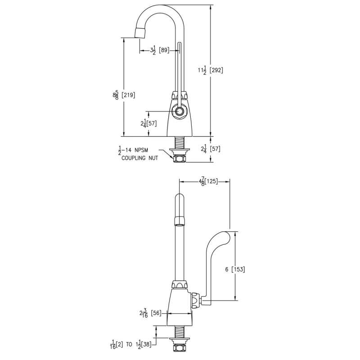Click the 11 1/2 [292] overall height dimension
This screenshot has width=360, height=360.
point(211,70)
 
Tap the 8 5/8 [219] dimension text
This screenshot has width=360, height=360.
point(124,95)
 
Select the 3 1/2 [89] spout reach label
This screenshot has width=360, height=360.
point(160,50)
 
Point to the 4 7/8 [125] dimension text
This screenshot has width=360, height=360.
point(208,181)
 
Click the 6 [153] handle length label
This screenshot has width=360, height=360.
point(235,269)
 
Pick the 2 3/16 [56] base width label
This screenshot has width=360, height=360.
point(150,313)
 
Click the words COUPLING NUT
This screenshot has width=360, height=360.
point(139,158)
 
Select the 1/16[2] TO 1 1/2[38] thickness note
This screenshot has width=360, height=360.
point(131,344)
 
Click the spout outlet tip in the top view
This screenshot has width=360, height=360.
point(139,33)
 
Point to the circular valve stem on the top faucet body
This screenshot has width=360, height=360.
point(179,112)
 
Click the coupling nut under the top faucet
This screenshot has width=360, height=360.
point(180,158)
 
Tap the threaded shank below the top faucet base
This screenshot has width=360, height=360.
point(180,142)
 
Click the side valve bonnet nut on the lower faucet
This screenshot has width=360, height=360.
point(195,301)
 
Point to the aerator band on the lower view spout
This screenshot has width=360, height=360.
point(179,220)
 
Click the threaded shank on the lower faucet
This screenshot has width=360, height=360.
point(180,332)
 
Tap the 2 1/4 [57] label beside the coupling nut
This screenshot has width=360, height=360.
point(211,149)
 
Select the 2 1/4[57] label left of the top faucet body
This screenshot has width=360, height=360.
point(148,124)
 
